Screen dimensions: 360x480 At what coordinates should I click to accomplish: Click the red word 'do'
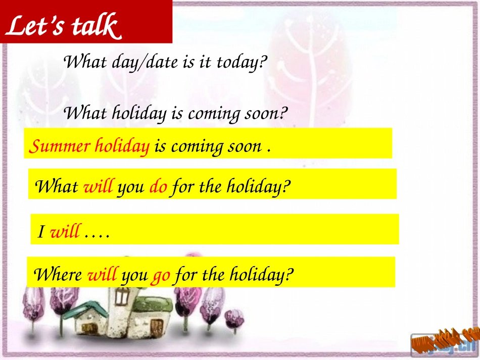[158, 187]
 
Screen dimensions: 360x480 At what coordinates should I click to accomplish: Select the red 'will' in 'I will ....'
[65, 232]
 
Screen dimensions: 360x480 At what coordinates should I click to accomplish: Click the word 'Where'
[57, 275]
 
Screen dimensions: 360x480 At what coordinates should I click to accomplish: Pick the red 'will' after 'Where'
[102, 275]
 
